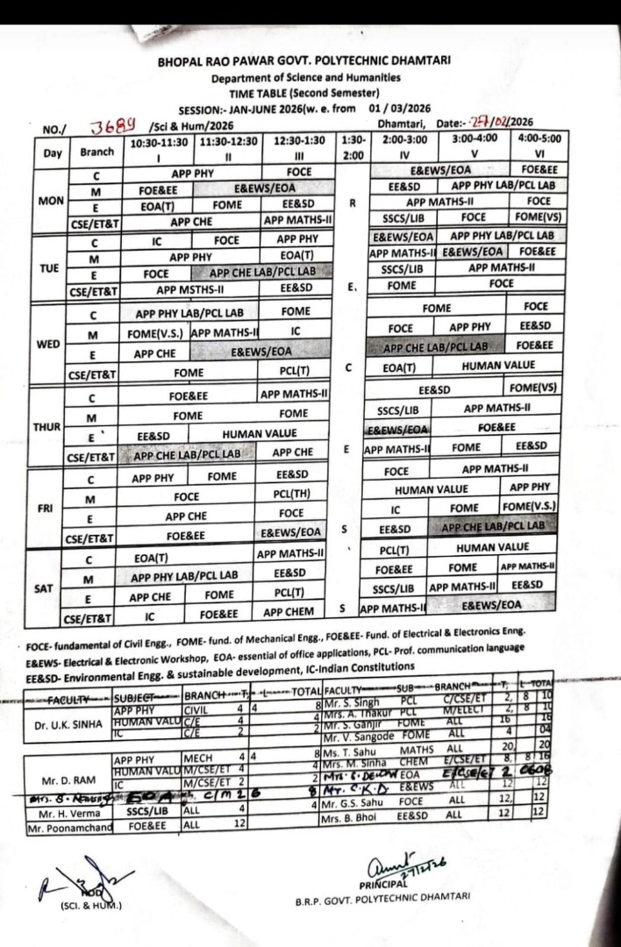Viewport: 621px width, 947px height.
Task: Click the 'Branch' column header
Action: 96,151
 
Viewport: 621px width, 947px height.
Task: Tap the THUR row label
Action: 46,426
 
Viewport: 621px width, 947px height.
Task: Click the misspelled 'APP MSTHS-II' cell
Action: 191,288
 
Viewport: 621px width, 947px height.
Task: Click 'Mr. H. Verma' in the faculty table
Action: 63,812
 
